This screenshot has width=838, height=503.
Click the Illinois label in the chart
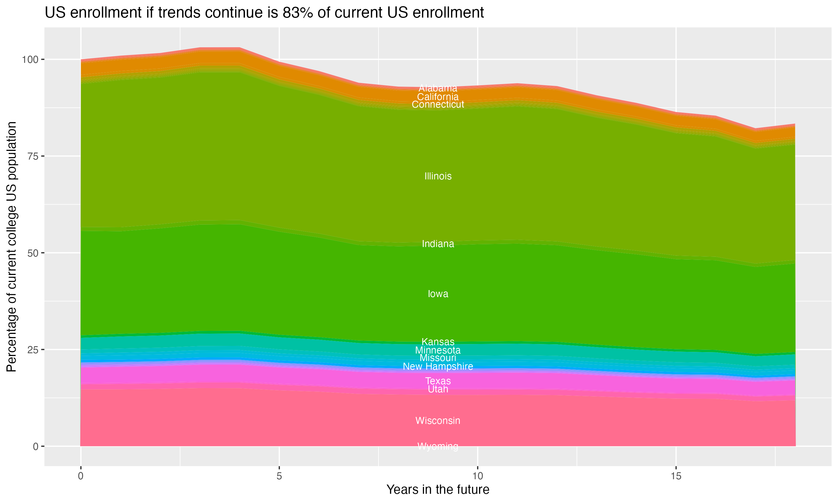438,176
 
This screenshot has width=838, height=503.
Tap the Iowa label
438,294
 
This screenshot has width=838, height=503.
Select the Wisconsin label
438,421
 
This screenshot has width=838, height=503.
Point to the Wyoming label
438,446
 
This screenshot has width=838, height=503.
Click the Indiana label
438,244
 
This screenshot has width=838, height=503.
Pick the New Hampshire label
438,366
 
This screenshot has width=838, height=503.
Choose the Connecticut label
438,105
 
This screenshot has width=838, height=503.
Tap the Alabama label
438,88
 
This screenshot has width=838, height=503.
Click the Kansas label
438,342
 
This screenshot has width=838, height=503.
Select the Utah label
438,389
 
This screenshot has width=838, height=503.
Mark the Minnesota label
438,350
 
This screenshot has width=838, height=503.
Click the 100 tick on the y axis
29,60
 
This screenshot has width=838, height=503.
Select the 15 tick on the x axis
676,476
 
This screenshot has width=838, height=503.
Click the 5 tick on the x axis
279,476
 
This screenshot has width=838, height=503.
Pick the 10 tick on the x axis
477,476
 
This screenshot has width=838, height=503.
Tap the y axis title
11,246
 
